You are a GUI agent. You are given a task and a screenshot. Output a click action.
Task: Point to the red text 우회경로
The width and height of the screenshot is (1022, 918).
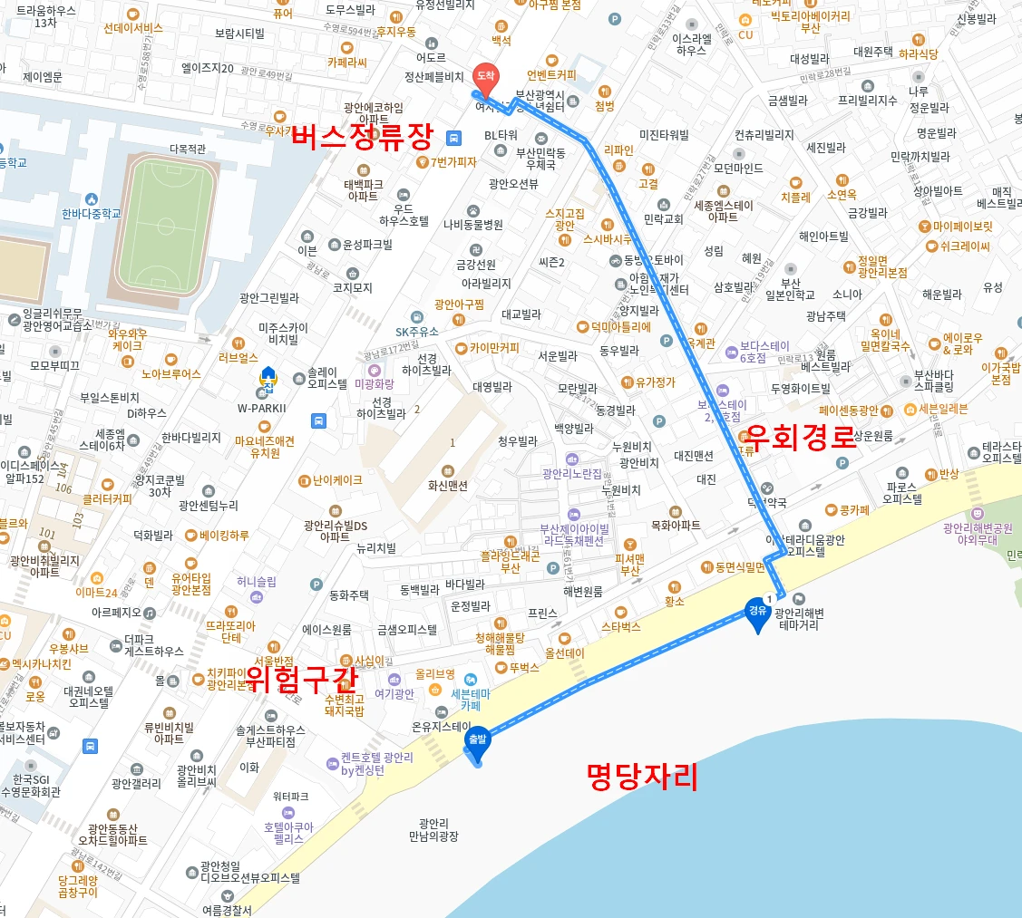(800, 438)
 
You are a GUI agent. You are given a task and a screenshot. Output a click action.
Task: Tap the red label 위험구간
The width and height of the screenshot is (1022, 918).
(302, 677)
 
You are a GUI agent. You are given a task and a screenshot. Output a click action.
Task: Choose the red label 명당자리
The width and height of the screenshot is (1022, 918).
(642, 776)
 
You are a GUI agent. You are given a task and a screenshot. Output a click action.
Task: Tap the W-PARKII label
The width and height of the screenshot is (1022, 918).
(261, 408)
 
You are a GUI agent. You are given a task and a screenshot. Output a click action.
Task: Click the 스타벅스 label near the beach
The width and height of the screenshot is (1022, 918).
(621, 626)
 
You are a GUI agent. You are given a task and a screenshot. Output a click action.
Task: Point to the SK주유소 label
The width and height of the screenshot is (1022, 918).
(416, 332)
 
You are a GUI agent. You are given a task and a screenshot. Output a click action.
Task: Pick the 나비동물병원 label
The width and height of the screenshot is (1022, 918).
(473, 224)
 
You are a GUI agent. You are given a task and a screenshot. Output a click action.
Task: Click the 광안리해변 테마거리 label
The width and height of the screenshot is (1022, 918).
(799, 619)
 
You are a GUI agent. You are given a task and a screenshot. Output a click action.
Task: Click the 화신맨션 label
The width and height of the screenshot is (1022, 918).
(448, 485)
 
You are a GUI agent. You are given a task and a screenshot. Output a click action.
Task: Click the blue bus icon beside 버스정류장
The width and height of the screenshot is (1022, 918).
(454, 138)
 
